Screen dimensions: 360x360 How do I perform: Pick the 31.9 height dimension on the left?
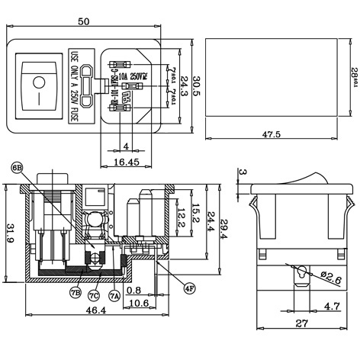(x=8, y=230)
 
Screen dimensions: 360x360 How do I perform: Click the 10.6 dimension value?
(x=137, y=303)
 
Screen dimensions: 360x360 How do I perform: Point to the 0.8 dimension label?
(x=134, y=289)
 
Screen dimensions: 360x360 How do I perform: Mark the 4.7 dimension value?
(x=330, y=306)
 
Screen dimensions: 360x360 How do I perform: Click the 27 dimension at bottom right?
(x=302, y=323)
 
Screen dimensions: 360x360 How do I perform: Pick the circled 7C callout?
(x=93, y=295)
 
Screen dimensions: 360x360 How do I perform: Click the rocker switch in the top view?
(x=36, y=85)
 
